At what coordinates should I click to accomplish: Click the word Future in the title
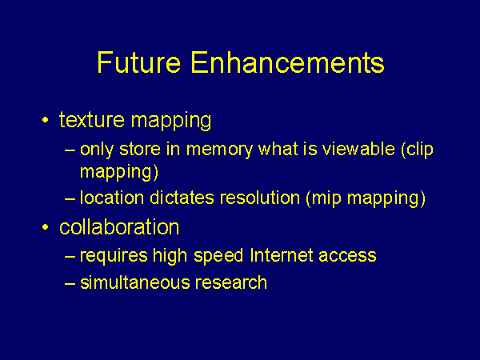(x=139, y=62)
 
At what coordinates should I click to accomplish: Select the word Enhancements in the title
(x=287, y=62)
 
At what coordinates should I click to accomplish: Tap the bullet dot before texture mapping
(x=46, y=120)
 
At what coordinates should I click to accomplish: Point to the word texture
(x=92, y=119)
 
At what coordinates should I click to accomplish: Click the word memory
(x=219, y=150)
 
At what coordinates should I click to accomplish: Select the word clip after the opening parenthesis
(x=420, y=150)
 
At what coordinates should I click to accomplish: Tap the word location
(x=112, y=198)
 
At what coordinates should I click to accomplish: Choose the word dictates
(x=182, y=198)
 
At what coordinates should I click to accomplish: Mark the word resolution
(x=260, y=198)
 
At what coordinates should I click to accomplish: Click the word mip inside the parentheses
(x=326, y=198)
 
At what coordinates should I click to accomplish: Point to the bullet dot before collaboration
(x=46, y=227)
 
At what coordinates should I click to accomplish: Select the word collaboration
(x=119, y=227)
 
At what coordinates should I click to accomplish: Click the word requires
(x=114, y=256)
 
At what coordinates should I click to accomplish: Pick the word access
(x=347, y=256)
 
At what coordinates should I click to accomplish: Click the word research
(x=231, y=282)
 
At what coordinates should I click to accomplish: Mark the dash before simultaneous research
(x=70, y=283)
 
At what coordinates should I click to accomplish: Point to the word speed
(x=218, y=256)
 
